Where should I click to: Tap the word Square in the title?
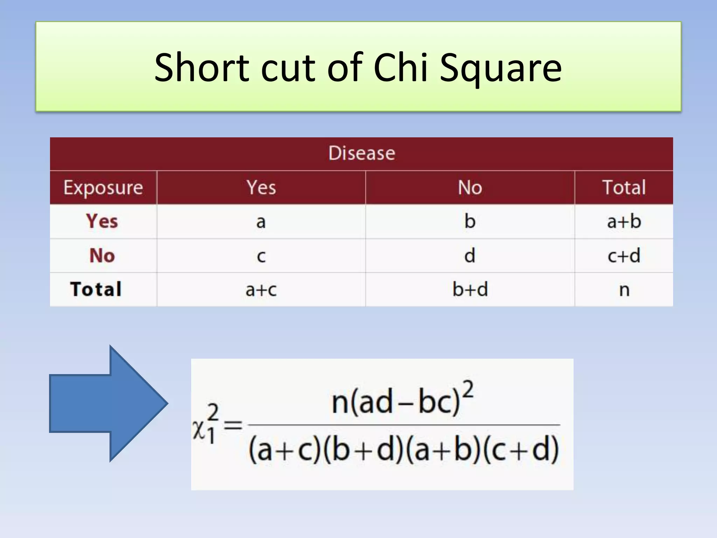501,68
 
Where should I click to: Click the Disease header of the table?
362,153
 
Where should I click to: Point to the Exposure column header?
103,187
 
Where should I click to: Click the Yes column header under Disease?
261,187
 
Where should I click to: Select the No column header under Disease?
470,187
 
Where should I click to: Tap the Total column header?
624,187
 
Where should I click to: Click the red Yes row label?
102,221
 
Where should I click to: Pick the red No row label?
102,255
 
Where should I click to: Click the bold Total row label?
96,289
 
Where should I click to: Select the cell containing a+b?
624,221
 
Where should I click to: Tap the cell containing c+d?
624,255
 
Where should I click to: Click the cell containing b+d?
470,289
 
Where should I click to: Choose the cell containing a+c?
261,289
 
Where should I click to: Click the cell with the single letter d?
470,255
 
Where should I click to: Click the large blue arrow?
109,403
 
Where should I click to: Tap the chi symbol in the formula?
199,429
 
